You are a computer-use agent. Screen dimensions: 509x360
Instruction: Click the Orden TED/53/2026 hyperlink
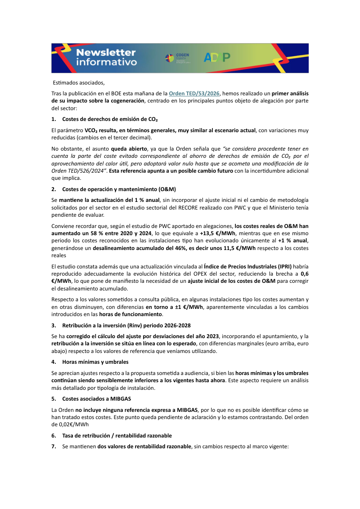click(194, 94)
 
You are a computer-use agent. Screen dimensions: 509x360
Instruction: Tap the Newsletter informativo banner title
click(106, 58)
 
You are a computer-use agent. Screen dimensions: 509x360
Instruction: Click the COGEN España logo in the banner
click(177, 57)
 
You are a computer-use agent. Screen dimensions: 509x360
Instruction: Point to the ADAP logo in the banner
click(217, 57)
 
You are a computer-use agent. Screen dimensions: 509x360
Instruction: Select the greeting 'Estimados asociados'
click(79, 82)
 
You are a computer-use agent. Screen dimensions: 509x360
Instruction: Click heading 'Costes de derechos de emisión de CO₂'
click(110, 119)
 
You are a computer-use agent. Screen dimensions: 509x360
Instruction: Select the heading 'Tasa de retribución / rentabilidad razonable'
click(117, 435)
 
